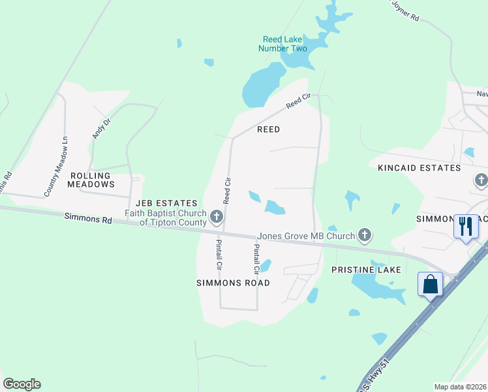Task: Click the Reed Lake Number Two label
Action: coord(282,44)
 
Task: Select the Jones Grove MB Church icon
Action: coord(365,235)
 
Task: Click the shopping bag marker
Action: coord(431,285)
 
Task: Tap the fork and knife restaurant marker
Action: coord(465,227)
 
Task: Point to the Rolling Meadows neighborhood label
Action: coord(92,180)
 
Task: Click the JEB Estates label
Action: coord(166,203)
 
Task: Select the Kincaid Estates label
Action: coord(419,168)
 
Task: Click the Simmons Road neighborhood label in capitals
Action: coord(234,283)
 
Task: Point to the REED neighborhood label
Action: coord(268,129)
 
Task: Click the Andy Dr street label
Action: coord(99,128)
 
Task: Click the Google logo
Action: coord(22,384)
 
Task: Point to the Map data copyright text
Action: coord(460,387)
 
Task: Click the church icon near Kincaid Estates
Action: coord(481,180)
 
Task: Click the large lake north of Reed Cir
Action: coord(261,85)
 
